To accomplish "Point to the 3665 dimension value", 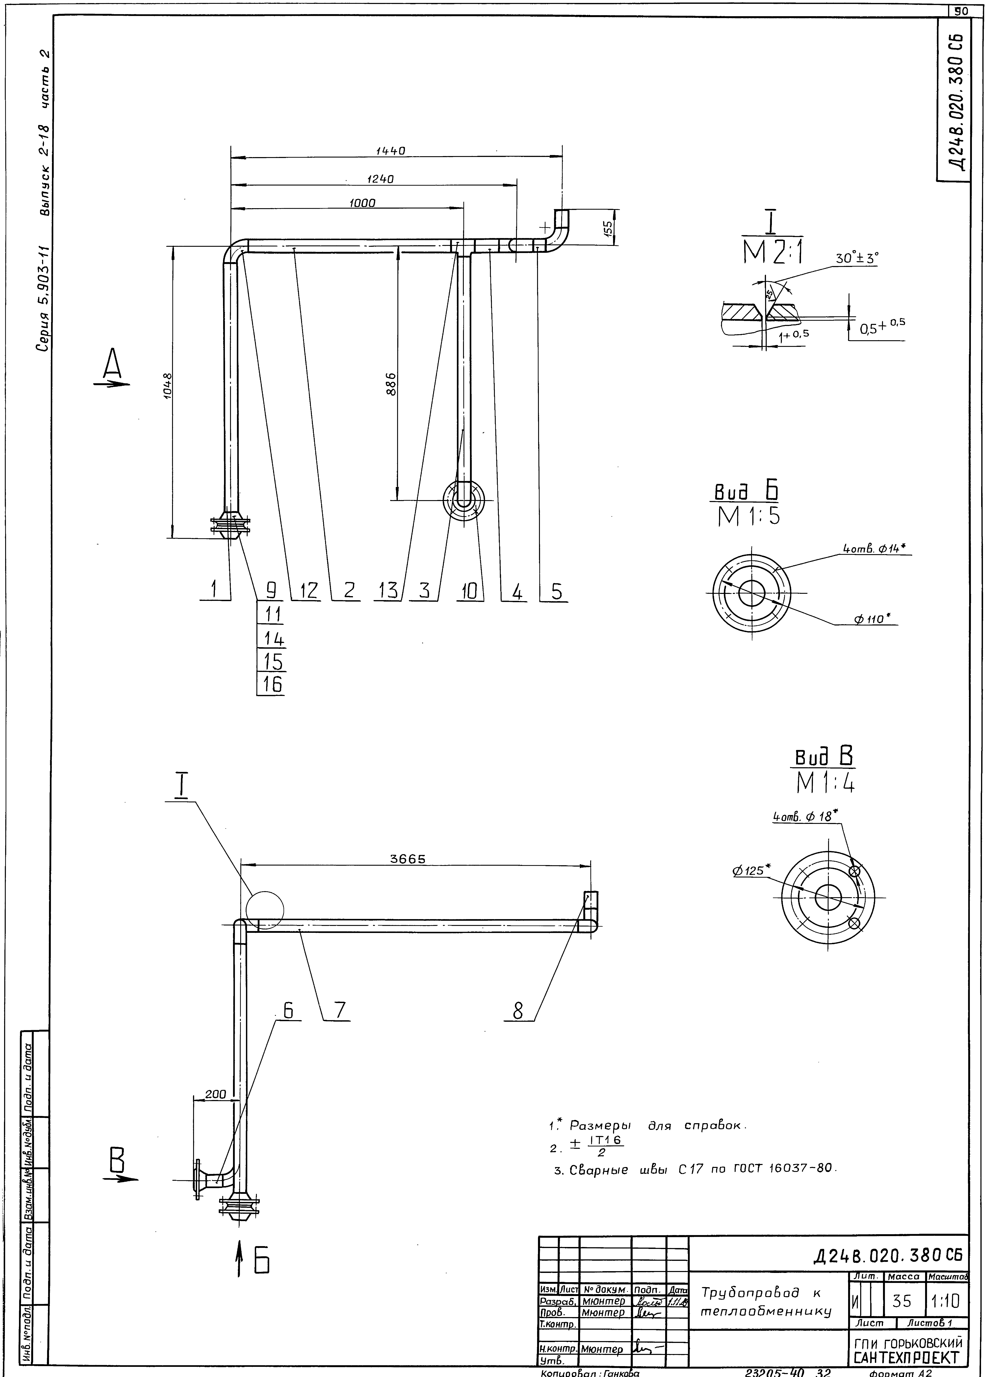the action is [x=408, y=859].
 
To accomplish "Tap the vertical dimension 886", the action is [x=392, y=383].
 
